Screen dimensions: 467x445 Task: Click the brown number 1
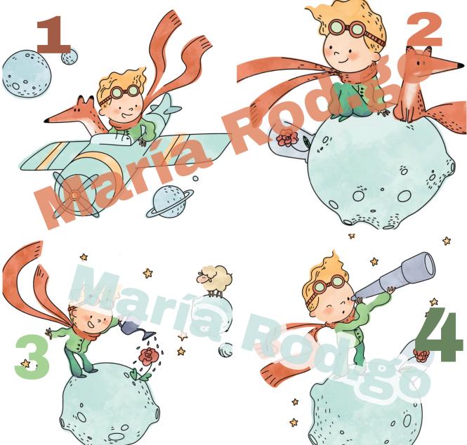(x=53, y=34)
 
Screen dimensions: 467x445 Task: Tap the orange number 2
(x=424, y=29)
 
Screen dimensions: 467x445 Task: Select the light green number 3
(x=32, y=357)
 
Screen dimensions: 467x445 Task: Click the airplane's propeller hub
(x=75, y=195)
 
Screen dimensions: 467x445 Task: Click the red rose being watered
(x=148, y=356)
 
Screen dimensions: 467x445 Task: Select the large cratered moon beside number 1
(x=27, y=74)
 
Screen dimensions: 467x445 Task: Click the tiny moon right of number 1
(x=70, y=57)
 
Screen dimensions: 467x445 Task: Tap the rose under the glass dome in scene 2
(x=287, y=138)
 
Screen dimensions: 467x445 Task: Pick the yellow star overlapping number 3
(x=25, y=364)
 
